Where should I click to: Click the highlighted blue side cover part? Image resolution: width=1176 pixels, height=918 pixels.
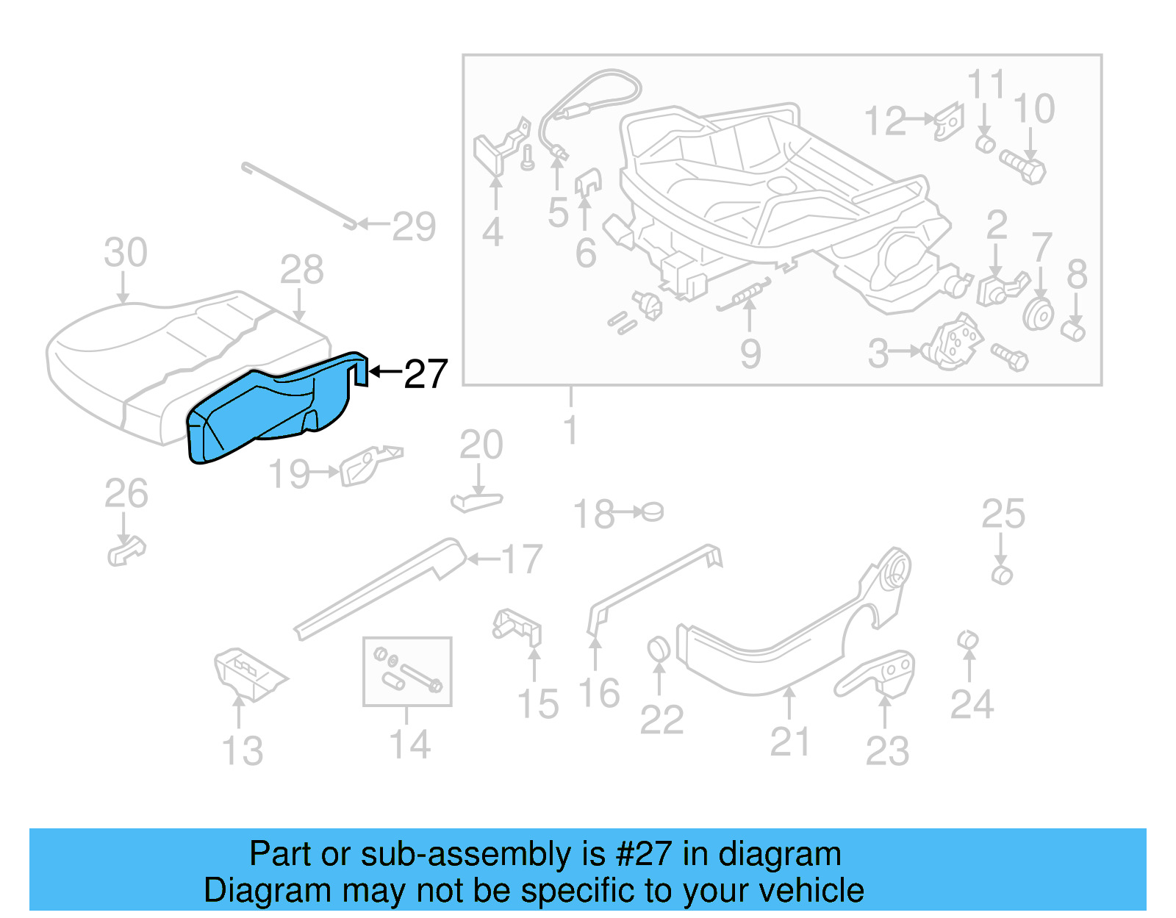265,412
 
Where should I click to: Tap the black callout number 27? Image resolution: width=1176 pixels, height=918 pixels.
426,374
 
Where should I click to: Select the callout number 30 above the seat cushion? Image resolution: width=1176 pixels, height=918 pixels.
126,253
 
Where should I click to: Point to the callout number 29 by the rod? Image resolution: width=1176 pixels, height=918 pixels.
414,226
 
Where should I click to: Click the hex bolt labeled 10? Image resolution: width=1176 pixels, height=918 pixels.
1023,168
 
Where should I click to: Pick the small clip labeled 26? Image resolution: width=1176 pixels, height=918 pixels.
126,551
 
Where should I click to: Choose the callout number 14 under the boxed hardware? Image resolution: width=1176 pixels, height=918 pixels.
409,745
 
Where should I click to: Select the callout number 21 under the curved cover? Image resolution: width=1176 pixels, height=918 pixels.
790,742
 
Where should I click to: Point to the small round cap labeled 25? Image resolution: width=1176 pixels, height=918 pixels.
1002,575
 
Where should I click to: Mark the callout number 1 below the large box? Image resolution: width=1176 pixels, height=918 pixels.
571,429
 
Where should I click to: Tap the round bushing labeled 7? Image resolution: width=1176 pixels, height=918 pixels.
1038,315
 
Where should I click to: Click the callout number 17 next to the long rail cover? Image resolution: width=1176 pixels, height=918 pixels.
522,559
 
